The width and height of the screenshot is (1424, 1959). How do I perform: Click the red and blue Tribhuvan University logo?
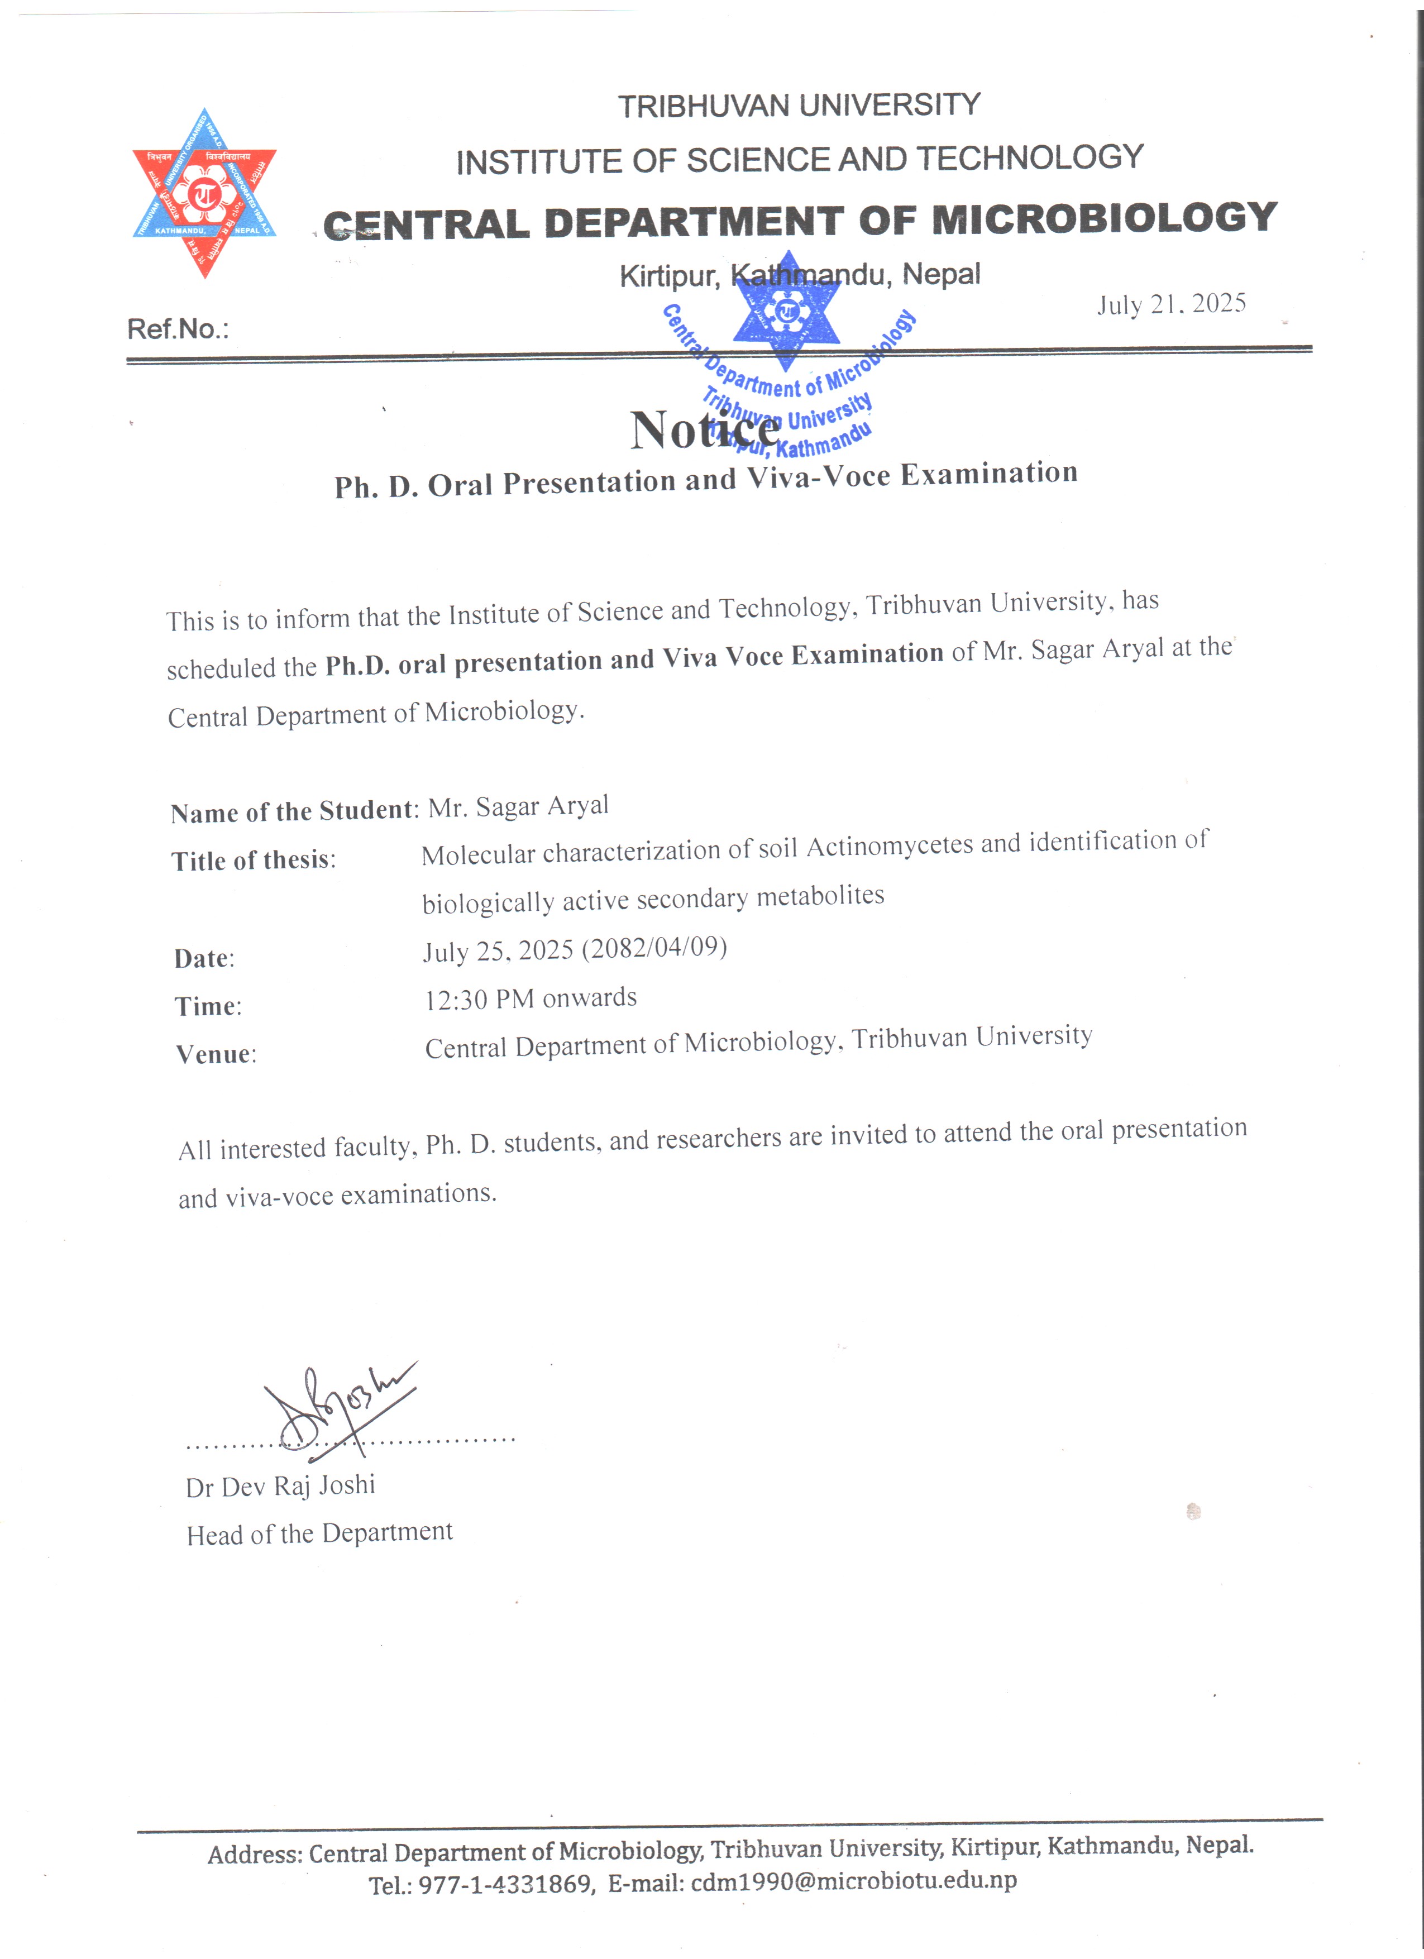(204, 193)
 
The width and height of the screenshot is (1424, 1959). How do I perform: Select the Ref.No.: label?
(178, 329)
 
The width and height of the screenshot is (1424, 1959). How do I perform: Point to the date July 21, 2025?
(1171, 304)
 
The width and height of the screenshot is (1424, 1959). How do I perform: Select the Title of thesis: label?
(253, 861)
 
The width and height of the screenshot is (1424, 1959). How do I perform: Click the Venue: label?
(216, 1054)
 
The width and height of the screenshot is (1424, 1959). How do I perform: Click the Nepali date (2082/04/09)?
(654, 948)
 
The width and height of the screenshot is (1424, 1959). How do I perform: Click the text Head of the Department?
(319, 1533)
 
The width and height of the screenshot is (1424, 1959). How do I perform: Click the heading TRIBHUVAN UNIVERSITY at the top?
(799, 106)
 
